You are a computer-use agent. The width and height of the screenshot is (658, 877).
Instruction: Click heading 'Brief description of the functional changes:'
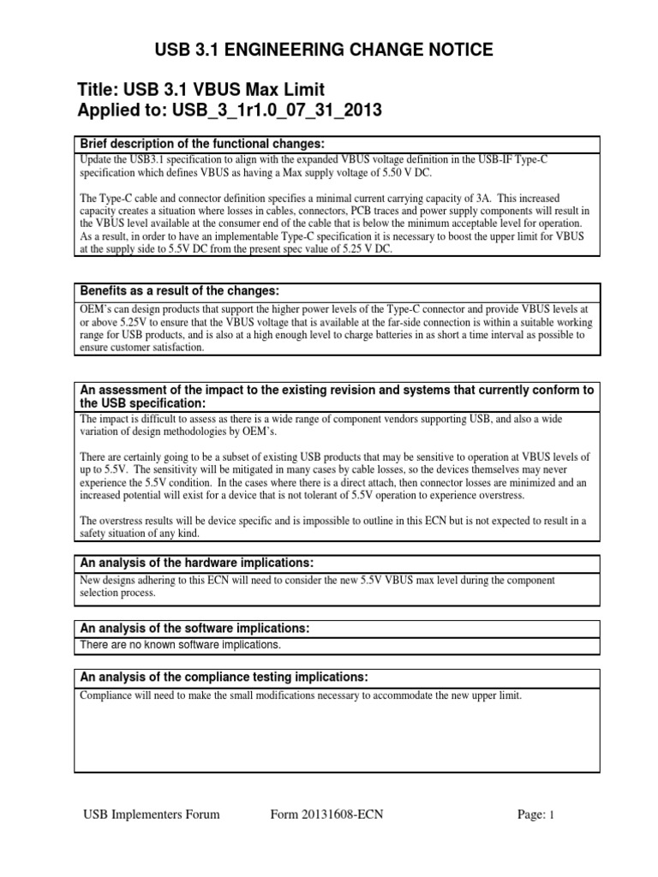tap(202, 143)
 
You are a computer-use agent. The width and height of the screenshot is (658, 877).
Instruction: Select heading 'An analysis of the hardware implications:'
tap(197, 563)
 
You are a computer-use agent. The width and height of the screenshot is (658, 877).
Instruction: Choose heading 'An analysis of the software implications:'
tap(194, 629)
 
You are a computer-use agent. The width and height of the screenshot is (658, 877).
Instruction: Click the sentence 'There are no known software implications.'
tap(180, 645)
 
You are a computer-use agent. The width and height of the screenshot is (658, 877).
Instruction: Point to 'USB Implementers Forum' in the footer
tap(151, 814)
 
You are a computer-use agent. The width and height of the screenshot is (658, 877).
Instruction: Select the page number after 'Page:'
tap(553, 815)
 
